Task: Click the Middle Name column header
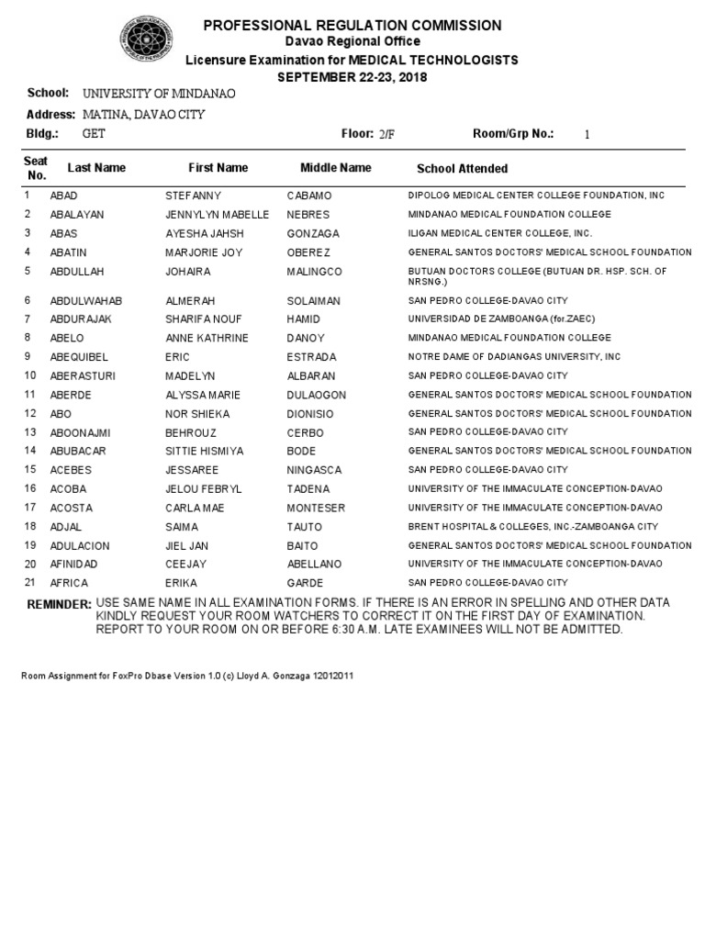[x=336, y=168]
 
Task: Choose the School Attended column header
[x=462, y=169]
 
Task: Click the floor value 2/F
[x=386, y=134]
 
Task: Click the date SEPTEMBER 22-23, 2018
[x=352, y=76]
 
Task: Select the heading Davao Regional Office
[x=352, y=41]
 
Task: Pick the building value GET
[x=94, y=134]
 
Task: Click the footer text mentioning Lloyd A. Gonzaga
[x=187, y=676]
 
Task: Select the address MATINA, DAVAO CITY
[x=143, y=115]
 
